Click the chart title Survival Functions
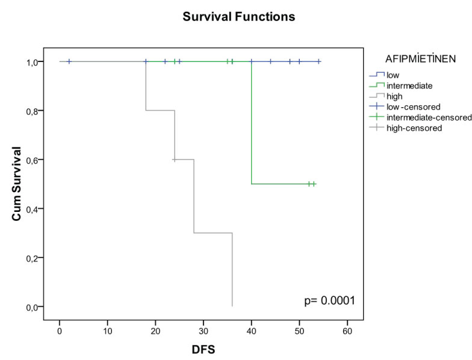(239, 17)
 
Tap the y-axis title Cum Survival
(19, 184)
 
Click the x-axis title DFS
(202, 348)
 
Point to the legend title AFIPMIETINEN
(420, 58)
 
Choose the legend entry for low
(392, 75)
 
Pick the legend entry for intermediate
(409, 85)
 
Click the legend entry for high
(394, 96)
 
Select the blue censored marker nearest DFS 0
(69, 61)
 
